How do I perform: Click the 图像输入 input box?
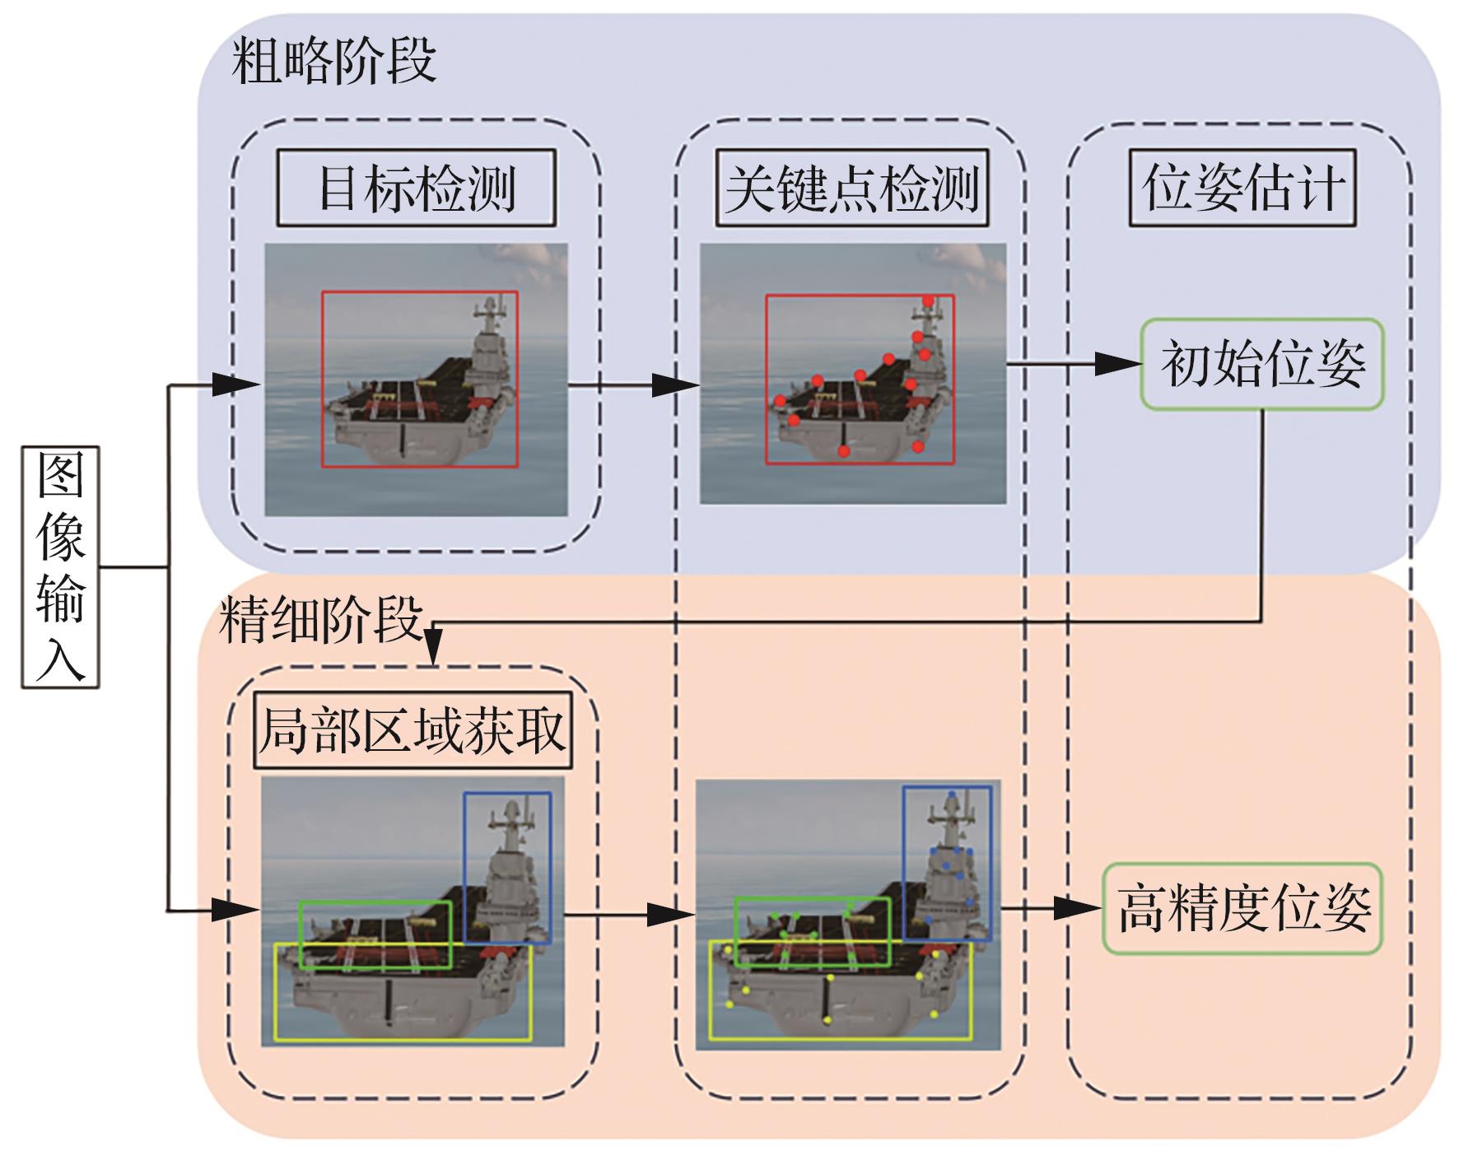tap(60, 567)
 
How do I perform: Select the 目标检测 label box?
tap(416, 189)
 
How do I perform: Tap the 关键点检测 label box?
tap(851, 189)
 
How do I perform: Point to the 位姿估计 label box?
tap(1242, 188)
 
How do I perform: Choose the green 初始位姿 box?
tap(1261, 364)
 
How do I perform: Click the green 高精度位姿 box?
tap(1242, 908)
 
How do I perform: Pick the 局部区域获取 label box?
tap(412, 730)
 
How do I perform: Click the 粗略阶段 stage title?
tap(333, 61)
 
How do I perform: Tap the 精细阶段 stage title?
tap(321, 619)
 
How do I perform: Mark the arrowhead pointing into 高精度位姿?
tap(1079, 908)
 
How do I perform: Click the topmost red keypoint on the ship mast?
tap(928, 301)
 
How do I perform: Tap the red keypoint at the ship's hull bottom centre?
tap(844, 451)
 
